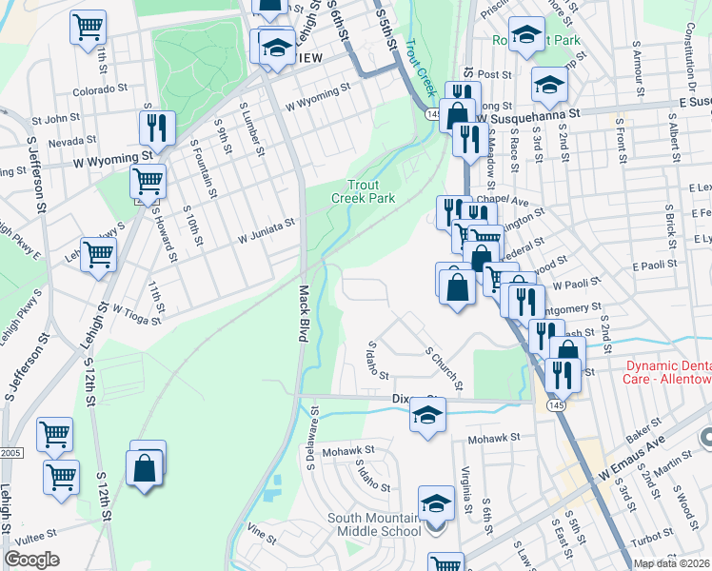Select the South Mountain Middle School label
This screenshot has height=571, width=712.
368,524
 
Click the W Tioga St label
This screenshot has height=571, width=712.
138,308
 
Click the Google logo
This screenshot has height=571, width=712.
31,560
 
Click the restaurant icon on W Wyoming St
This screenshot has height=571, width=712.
155,127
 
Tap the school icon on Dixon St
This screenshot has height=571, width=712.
428,414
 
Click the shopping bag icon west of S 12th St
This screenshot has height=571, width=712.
145,468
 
